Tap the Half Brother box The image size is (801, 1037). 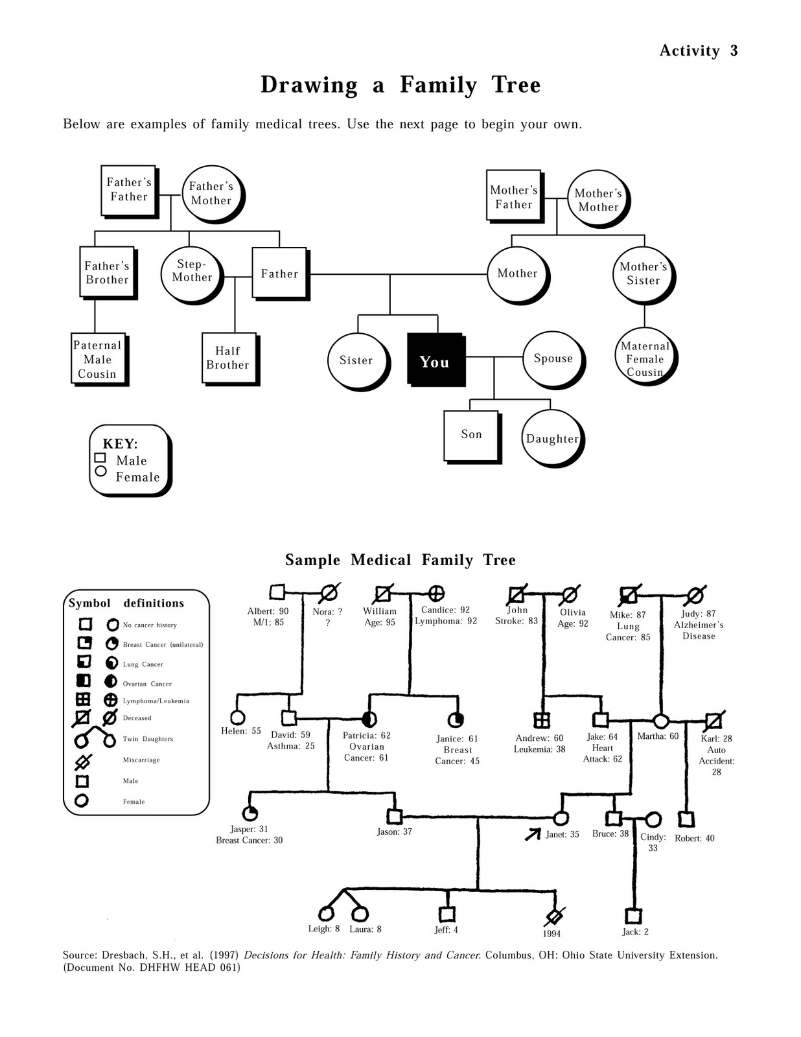(228, 358)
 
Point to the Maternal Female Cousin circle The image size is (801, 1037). (644, 358)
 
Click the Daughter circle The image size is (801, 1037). (551, 438)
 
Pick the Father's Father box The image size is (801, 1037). (128, 190)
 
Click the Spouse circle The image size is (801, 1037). (553, 358)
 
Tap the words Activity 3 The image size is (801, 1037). (698, 51)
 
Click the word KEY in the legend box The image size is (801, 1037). (120, 444)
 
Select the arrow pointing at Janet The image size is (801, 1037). (533, 834)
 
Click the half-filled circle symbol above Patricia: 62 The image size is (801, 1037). (369, 719)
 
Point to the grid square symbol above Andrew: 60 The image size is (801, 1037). (541, 719)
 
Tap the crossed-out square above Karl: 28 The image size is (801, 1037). (714, 720)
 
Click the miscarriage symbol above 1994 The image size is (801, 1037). (554, 916)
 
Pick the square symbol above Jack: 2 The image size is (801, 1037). (633, 916)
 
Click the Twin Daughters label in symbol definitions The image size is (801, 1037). (148, 739)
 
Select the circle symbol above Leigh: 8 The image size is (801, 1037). (326, 914)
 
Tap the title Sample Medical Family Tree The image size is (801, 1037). (400, 560)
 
